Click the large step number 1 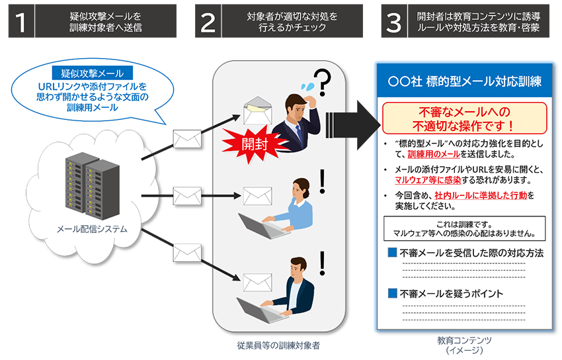22,24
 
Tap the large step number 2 208,24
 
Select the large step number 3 393,24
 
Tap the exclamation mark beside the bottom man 323,263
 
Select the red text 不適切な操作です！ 463,124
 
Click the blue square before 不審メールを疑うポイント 392,293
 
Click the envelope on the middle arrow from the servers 187,196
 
